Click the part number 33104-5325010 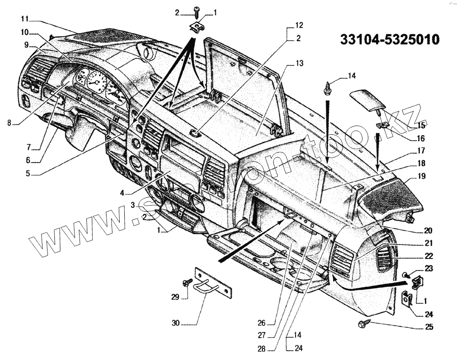point(390,39)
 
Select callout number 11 point(25,19)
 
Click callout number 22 point(429,256)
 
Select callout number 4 point(122,192)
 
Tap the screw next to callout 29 point(188,283)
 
